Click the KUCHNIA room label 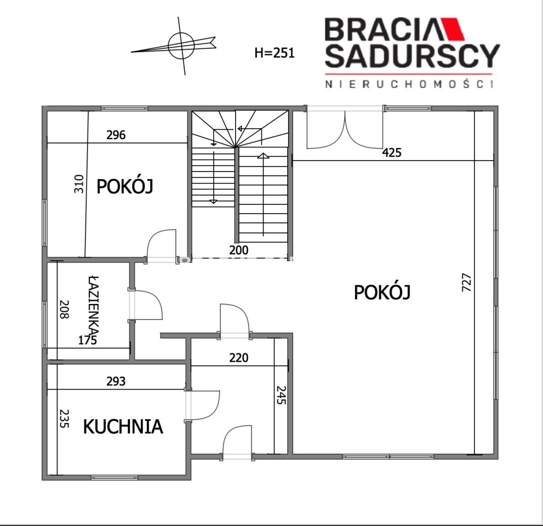[x=123, y=427]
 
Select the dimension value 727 [x=466, y=282]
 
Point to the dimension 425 [x=392, y=152]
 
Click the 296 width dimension [x=116, y=135]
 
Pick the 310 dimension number [x=79, y=184]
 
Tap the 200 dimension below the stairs [x=239, y=250]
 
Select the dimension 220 [x=238, y=358]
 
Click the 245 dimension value [x=281, y=395]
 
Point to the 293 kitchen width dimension [x=116, y=381]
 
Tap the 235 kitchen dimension [x=65, y=419]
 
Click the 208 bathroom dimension [x=65, y=309]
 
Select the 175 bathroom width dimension [x=88, y=340]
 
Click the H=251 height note [x=275, y=53]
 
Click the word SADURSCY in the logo [x=412, y=56]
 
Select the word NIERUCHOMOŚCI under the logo [x=409, y=84]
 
